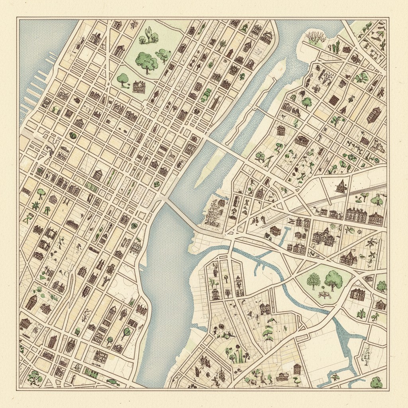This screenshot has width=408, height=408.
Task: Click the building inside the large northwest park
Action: [x=139, y=86]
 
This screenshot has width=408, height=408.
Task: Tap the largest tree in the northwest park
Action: [x=146, y=61]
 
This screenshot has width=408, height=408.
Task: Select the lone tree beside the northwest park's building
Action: [x=123, y=79]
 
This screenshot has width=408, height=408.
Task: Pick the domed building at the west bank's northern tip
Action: [x=267, y=37]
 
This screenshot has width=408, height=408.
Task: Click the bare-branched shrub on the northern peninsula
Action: [x=316, y=38]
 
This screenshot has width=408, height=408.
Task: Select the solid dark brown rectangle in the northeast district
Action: [x=334, y=100]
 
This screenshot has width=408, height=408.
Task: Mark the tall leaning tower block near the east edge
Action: [x=374, y=115]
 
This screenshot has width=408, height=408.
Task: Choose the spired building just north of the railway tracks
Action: [x=341, y=186]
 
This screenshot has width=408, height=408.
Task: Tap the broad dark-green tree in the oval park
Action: [x=333, y=280]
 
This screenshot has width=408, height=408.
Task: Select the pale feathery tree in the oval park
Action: [x=314, y=280]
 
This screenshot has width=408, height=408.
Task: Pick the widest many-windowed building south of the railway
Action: [x=356, y=215]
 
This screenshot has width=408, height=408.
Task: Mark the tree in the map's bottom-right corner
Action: [x=376, y=382]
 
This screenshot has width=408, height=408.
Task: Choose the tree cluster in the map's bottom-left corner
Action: [x=35, y=376]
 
